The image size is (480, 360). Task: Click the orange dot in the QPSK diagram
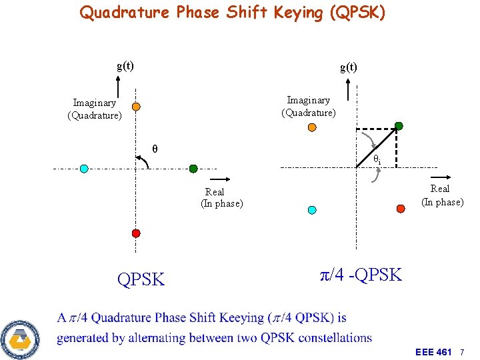pyautogui.click(x=135, y=107)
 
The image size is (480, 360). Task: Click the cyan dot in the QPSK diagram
pyautogui.click(x=84, y=169)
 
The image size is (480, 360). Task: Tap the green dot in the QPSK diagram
pyautogui.click(x=193, y=169)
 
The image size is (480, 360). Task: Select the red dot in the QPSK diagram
pyautogui.click(x=136, y=233)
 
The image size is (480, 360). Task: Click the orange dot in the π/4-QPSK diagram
pyautogui.click(x=312, y=127)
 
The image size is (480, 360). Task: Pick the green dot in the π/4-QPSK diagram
pyautogui.click(x=399, y=126)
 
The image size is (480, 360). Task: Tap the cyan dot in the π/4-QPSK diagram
pyautogui.click(x=312, y=209)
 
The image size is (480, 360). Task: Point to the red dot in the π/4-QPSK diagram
pyautogui.click(x=401, y=209)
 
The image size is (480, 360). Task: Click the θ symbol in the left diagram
pyautogui.click(x=155, y=149)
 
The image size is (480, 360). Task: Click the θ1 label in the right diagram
pyautogui.click(x=377, y=159)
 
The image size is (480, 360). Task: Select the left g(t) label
pyautogui.click(x=125, y=65)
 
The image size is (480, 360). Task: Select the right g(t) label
pyautogui.click(x=348, y=67)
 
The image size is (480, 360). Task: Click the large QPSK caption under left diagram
pyautogui.click(x=141, y=279)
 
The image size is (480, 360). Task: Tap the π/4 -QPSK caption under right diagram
pyautogui.click(x=361, y=275)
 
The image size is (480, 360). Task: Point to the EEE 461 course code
pyautogui.click(x=433, y=351)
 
